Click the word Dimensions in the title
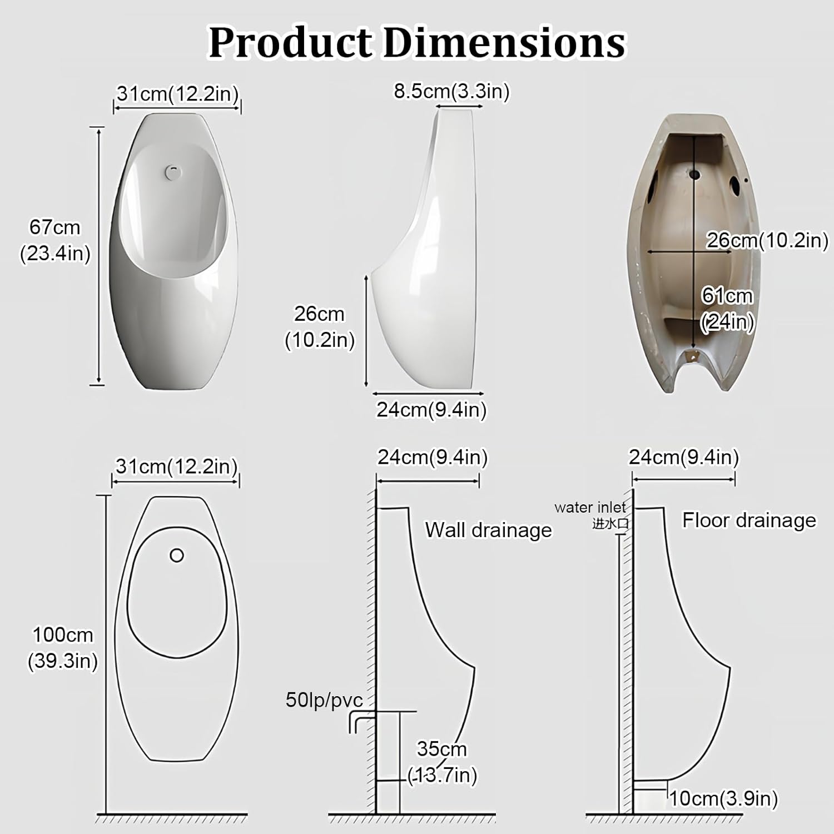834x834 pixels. pyautogui.click(x=504, y=43)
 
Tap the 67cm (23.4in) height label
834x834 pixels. pyautogui.click(x=55, y=240)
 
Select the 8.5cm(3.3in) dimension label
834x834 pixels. pyautogui.click(x=451, y=91)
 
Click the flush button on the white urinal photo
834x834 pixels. pyautogui.click(x=174, y=172)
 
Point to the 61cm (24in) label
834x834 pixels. pyautogui.click(x=727, y=309)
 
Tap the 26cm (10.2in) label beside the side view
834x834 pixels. pyautogui.click(x=320, y=326)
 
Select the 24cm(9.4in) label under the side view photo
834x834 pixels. pyautogui.click(x=431, y=410)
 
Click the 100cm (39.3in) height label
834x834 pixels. pyautogui.click(x=63, y=648)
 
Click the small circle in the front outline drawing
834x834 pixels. pyautogui.click(x=177, y=555)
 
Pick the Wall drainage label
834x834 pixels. pyautogui.click(x=488, y=530)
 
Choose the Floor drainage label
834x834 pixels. pyautogui.click(x=749, y=520)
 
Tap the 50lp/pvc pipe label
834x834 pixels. pyautogui.click(x=324, y=700)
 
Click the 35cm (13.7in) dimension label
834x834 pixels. pyautogui.click(x=442, y=762)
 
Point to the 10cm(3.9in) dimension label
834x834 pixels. pyautogui.click(x=723, y=798)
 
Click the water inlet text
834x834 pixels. pyautogui.click(x=590, y=507)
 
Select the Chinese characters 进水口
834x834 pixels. pyautogui.click(x=610, y=523)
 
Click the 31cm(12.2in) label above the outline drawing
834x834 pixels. pyautogui.click(x=176, y=466)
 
